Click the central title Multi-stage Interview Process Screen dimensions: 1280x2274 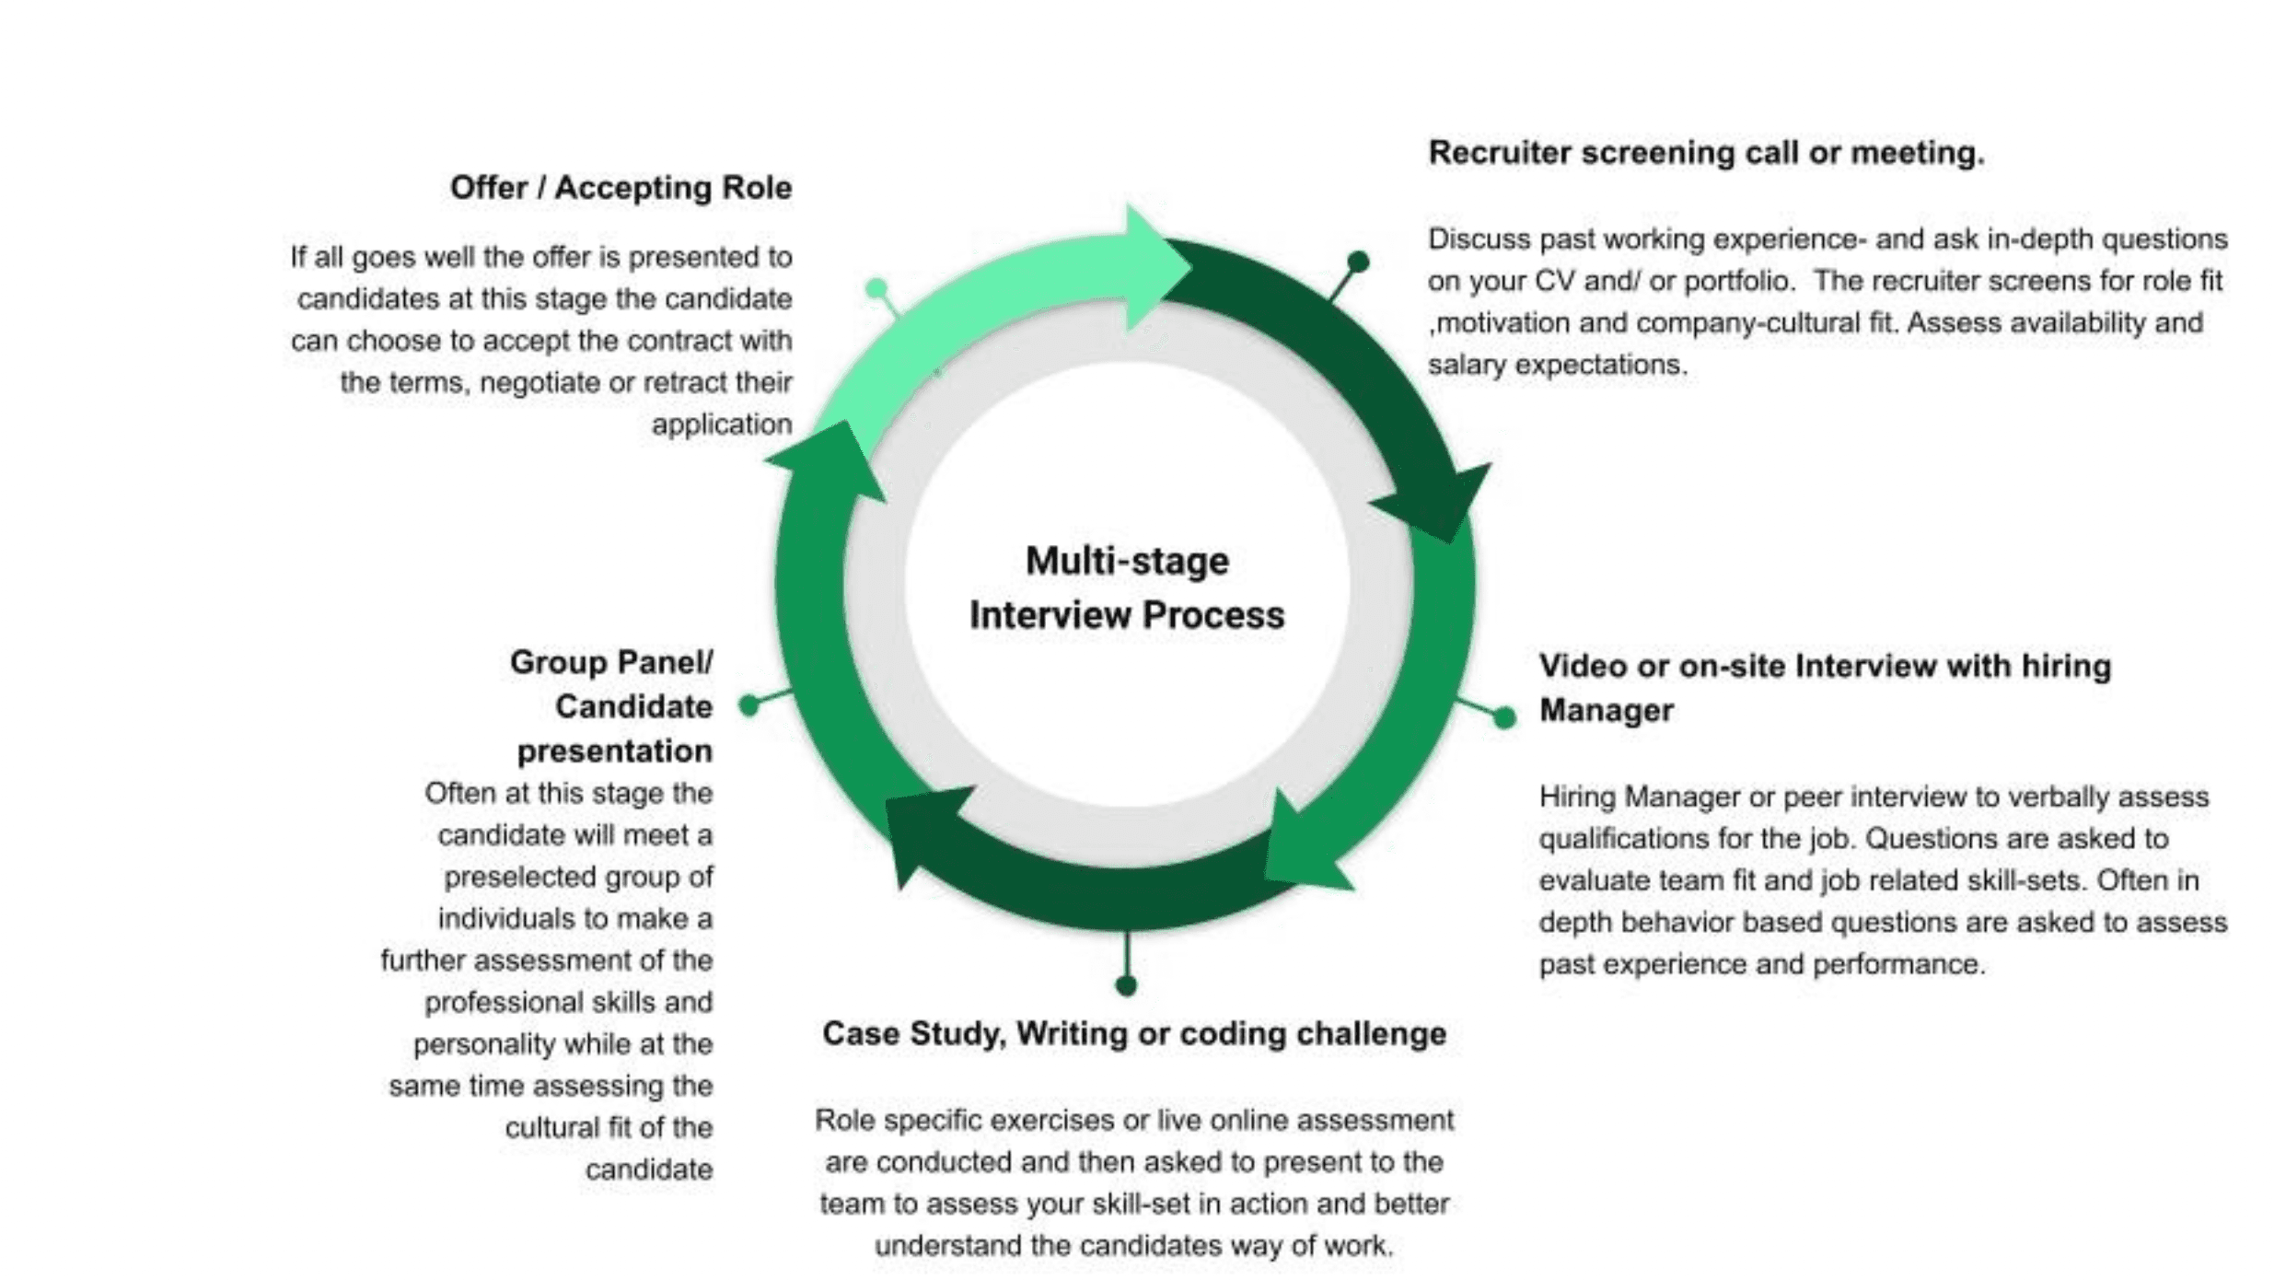pos(1127,588)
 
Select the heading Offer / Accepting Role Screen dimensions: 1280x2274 pos(621,188)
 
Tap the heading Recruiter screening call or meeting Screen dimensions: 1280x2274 pos(1706,153)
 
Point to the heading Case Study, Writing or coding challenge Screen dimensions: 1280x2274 pos(1134,1033)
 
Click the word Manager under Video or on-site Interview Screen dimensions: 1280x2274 pos(1607,711)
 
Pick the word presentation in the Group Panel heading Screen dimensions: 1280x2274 pos(615,751)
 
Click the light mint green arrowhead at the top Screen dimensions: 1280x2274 pos(1153,267)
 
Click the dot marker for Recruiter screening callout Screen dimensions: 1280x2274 pos(1358,262)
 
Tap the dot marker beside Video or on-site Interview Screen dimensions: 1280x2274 pos(1504,717)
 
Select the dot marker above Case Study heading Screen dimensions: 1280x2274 pos(1126,986)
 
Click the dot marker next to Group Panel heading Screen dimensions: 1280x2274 pos(749,705)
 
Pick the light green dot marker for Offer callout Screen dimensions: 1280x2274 pos(876,289)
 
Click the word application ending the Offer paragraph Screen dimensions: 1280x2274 pos(722,425)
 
